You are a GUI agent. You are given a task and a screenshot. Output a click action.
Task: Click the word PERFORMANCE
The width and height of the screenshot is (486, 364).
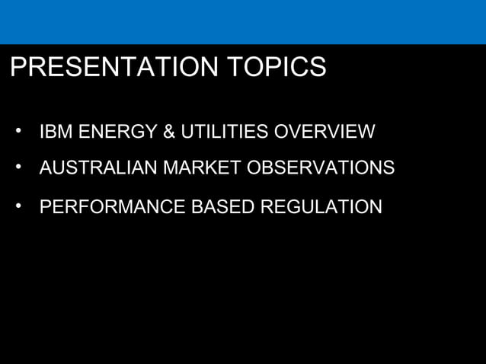(103, 206)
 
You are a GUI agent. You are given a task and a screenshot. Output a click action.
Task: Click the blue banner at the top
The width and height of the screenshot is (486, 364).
(243, 21)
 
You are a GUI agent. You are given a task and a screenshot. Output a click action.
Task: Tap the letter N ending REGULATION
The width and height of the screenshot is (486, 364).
(376, 206)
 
